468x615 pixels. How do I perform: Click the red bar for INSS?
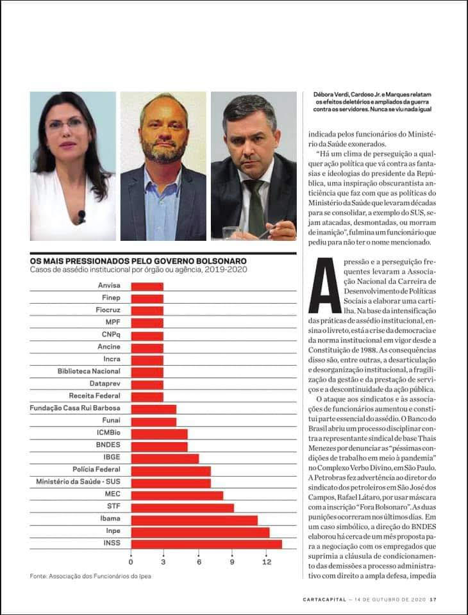[206, 544]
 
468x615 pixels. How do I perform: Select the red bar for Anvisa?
[147, 286]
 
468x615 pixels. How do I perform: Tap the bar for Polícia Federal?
[171, 470]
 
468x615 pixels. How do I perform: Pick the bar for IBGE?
[165, 458]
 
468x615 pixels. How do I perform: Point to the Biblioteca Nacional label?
[88, 372]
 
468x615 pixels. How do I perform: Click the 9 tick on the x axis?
[233, 562]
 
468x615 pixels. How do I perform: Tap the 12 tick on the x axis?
[266, 562]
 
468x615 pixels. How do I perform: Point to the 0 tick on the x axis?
[131, 562]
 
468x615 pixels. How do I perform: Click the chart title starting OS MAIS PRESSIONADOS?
[138, 261]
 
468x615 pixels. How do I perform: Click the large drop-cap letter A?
[324, 285]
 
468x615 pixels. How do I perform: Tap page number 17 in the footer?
[433, 600]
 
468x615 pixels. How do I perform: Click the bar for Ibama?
[194, 520]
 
